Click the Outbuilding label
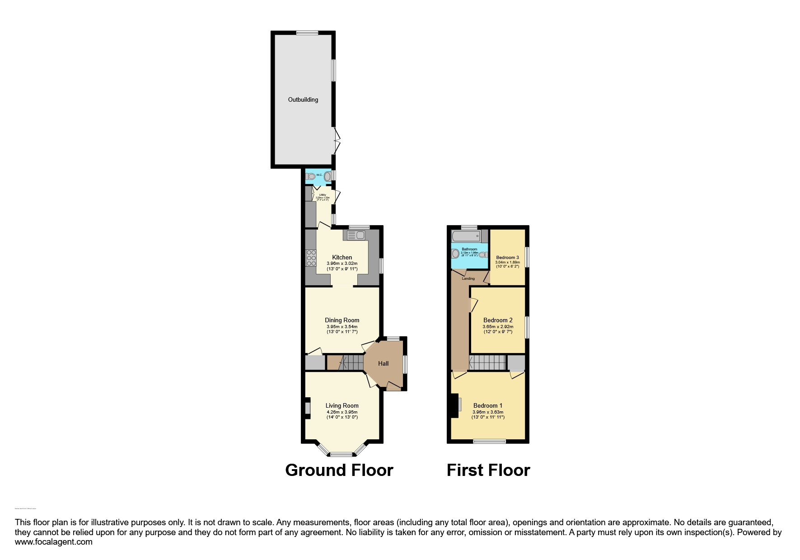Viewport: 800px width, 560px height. (x=303, y=99)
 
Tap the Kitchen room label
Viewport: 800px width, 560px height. (x=342, y=257)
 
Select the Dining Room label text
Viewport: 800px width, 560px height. (x=342, y=320)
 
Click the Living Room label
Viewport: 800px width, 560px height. (x=342, y=405)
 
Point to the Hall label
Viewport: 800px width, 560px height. (x=383, y=363)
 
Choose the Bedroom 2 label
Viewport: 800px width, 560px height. (x=498, y=320)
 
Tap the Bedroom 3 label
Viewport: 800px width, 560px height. (x=507, y=257)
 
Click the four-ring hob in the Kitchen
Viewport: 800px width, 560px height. (x=311, y=258)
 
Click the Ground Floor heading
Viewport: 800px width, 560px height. (x=339, y=470)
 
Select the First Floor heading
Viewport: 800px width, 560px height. (x=488, y=470)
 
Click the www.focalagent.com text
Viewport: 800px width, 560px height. (x=54, y=542)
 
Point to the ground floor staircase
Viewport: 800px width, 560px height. (x=351, y=362)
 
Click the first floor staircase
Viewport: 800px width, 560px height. (x=487, y=362)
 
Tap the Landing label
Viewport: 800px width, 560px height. (x=468, y=278)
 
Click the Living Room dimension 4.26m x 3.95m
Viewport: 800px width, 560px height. (x=342, y=412)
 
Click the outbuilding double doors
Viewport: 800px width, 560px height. (x=337, y=140)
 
